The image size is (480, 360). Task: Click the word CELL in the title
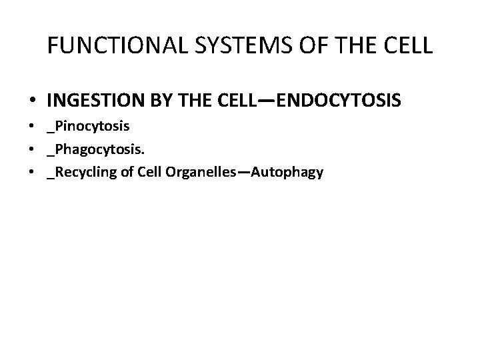coord(407,45)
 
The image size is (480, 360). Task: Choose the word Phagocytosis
coord(97,149)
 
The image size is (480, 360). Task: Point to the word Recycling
coord(83,172)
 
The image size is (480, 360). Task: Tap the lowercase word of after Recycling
coord(126,172)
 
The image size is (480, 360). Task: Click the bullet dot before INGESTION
coord(33,101)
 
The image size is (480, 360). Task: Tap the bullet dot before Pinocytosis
coord(33,126)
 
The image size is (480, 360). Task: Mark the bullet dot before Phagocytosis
coord(33,149)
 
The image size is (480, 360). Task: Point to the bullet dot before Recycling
coord(33,173)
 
